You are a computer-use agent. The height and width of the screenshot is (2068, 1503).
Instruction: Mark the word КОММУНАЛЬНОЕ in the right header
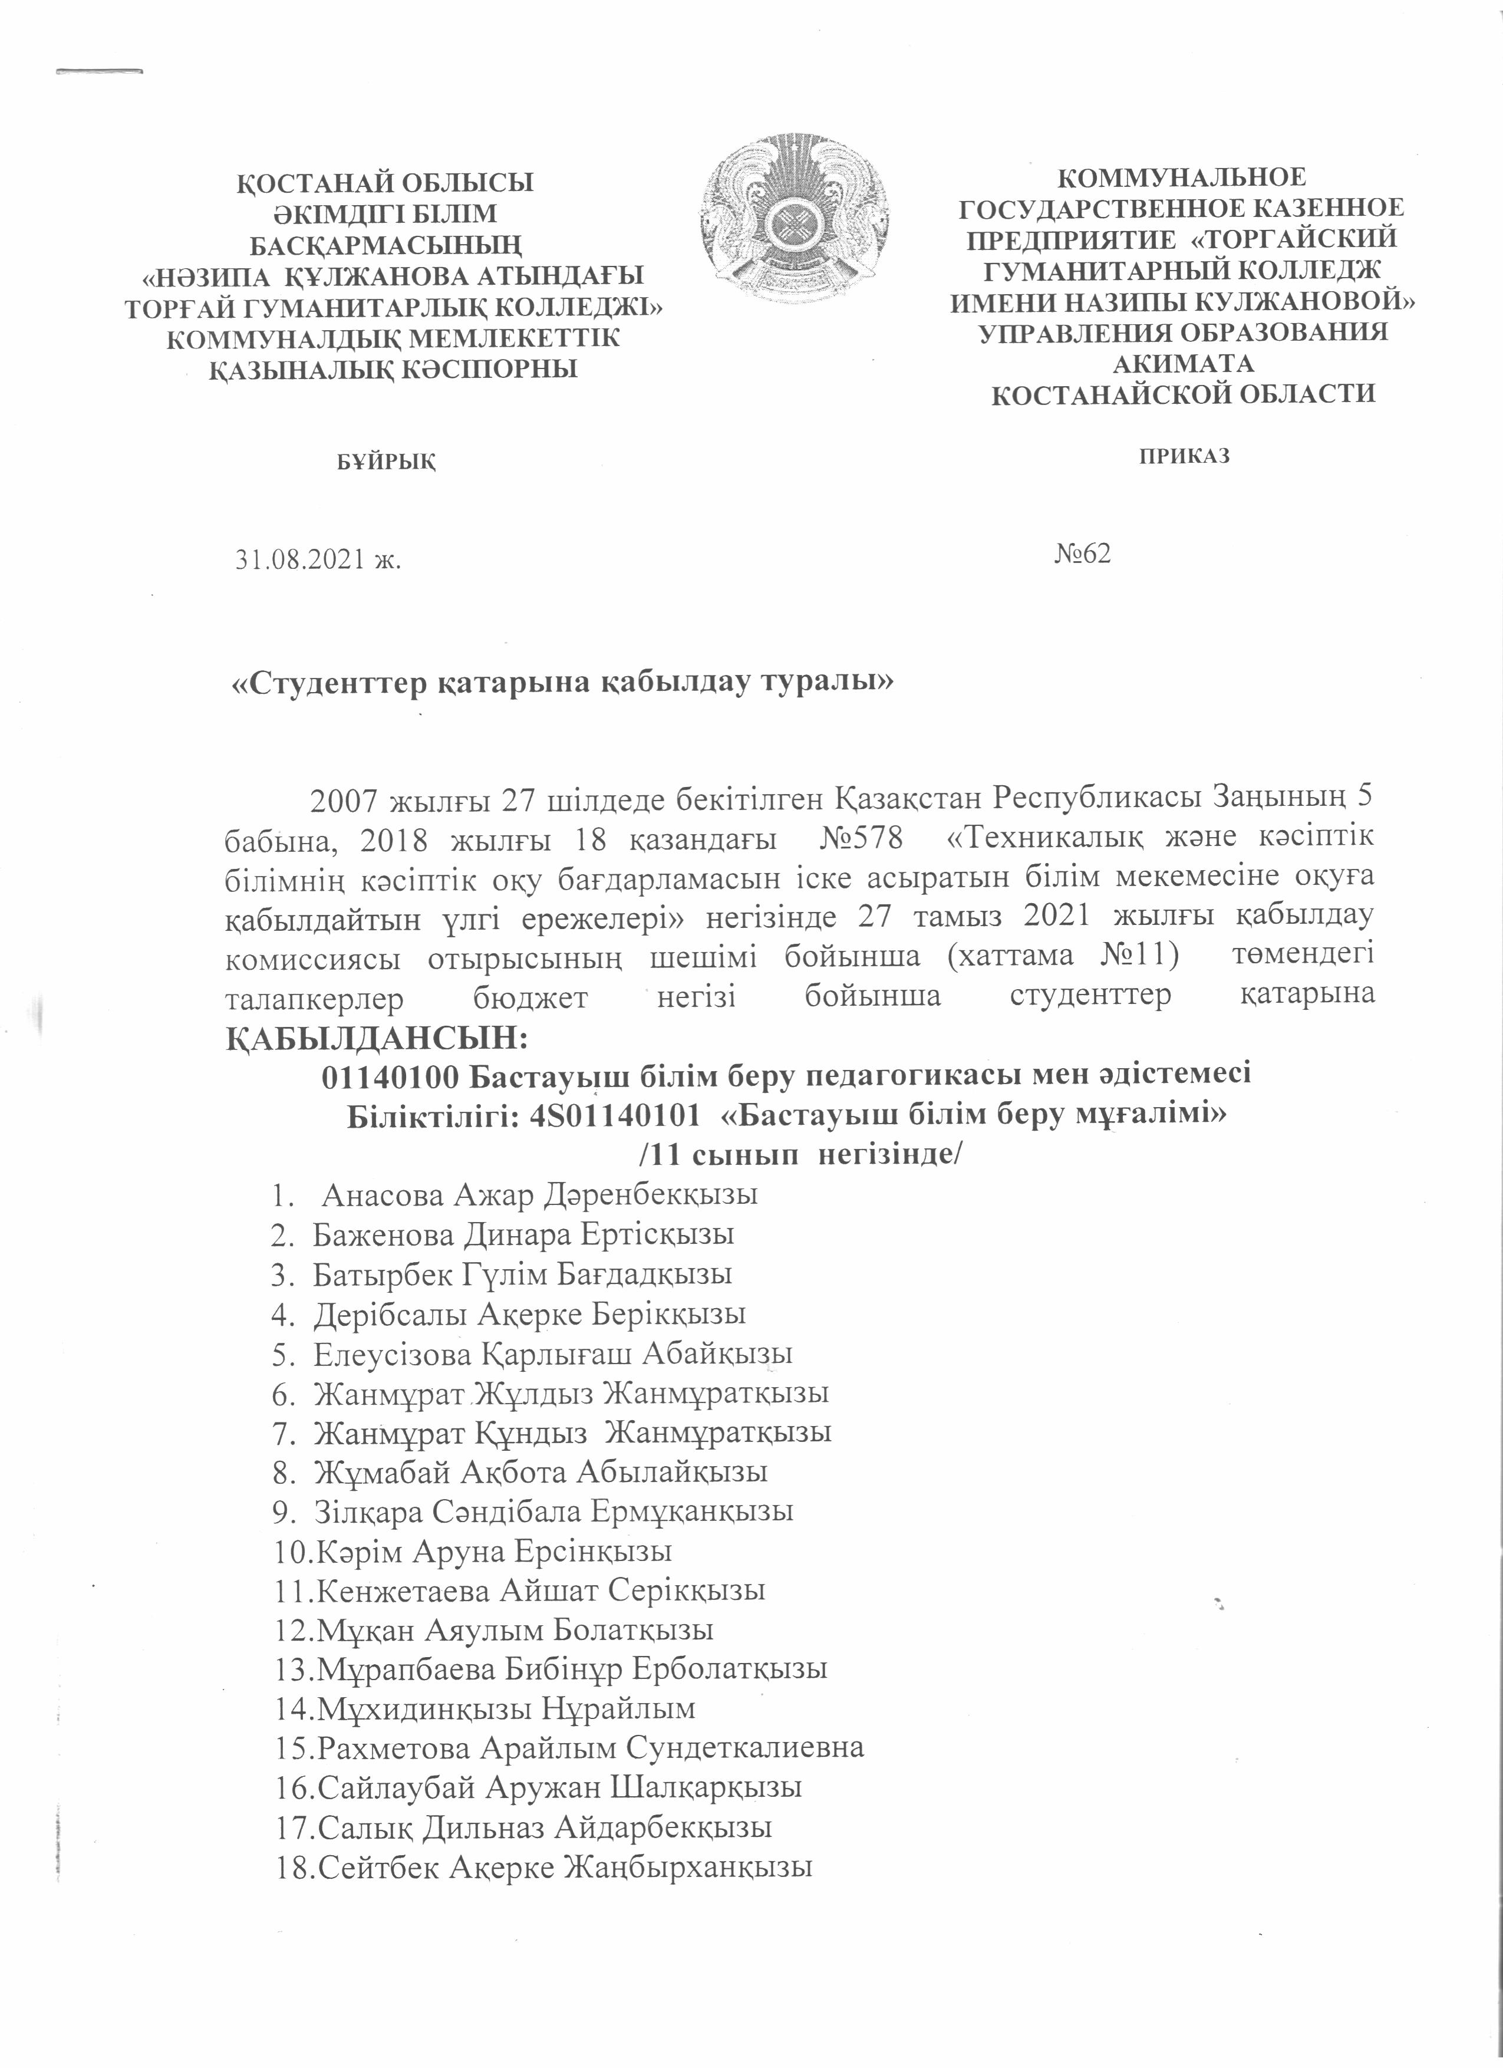tap(1183, 177)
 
